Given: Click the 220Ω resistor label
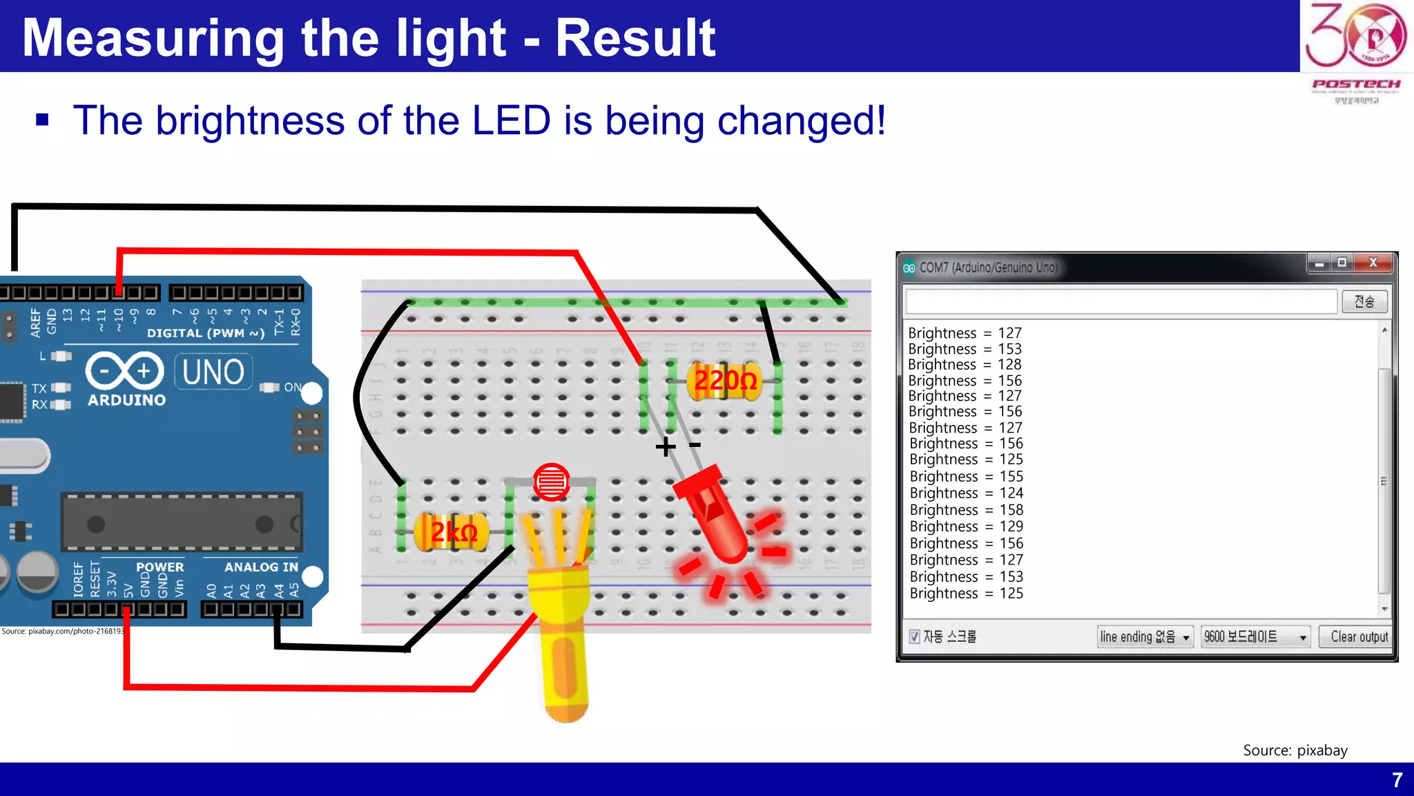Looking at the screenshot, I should click(x=725, y=380).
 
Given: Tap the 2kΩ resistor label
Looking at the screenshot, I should click(x=454, y=532).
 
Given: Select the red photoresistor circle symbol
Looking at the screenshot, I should click(x=551, y=482).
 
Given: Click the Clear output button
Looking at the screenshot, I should click(x=1358, y=636).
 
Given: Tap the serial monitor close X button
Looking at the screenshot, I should click(x=1373, y=263).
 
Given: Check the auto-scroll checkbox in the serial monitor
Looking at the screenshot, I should click(x=915, y=636).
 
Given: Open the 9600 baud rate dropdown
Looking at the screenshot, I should click(x=1255, y=636).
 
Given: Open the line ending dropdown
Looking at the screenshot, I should click(x=1145, y=636).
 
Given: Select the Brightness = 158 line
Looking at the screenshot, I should click(x=966, y=510).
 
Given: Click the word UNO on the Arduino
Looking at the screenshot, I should click(x=213, y=372).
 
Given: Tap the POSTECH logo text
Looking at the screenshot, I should click(x=1356, y=84).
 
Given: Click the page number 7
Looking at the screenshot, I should click(x=1397, y=780).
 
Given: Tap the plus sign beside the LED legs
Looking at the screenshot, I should click(x=666, y=446).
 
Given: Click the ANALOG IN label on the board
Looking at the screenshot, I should click(x=261, y=567).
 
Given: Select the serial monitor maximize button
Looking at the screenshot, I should click(x=1342, y=263).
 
